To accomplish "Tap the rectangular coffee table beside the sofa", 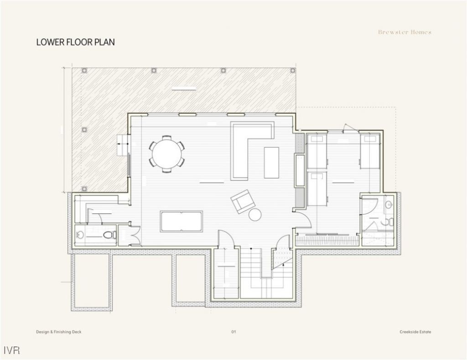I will tap(271, 162).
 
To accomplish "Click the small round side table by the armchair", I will tap(255, 214).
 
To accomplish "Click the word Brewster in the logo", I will tap(391, 32).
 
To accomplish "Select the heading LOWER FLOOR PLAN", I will tap(75, 42).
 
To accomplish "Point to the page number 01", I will tap(233, 332).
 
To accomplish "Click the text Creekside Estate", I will tap(412, 332).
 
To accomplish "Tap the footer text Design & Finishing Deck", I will tap(58, 332).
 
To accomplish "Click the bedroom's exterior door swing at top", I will tap(348, 128).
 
